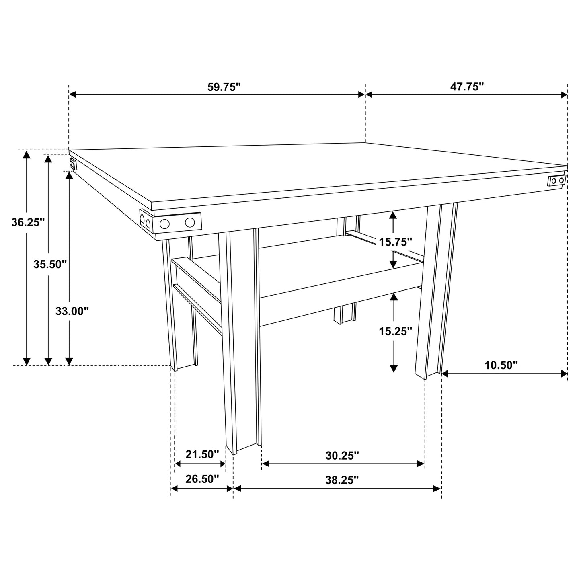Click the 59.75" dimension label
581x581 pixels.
(224, 87)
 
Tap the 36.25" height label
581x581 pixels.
(27, 222)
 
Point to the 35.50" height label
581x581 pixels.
(50, 264)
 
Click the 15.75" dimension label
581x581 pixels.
(396, 242)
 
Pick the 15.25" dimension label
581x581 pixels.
(396, 331)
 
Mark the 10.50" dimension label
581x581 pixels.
(501, 365)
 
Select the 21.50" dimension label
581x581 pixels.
(202, 454)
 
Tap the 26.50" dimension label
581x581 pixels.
(202, 479)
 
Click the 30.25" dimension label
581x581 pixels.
(342, 456)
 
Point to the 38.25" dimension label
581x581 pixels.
(342, 480)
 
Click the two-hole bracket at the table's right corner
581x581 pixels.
(557, 181)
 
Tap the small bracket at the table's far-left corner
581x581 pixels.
(73, 164)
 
